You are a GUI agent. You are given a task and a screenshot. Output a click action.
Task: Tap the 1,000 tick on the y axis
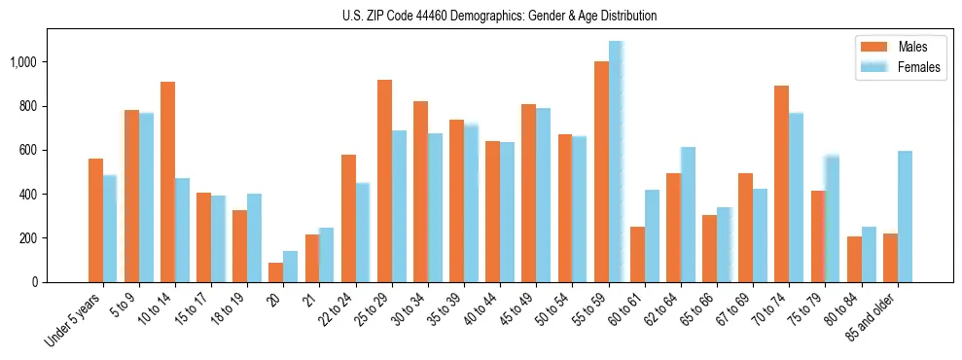[x=23, y=62]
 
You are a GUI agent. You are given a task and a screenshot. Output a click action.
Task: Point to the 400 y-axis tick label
[x=29, y=195]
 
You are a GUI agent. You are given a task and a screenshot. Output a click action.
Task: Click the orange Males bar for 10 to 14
[x=167, y=182]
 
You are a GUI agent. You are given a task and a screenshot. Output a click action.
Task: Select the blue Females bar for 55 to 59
[x=616, y=162]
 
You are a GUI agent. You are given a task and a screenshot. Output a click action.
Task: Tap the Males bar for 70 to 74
[x=781, y=184]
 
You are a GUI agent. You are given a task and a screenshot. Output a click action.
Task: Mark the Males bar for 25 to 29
[x=384, y=181]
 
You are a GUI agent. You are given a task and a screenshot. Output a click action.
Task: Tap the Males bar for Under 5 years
[x=95, y=220]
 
